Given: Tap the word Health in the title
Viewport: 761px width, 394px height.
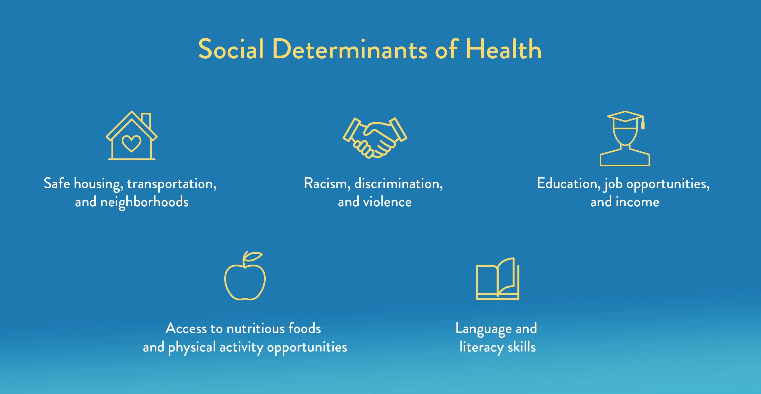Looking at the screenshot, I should click(x=504, y=49).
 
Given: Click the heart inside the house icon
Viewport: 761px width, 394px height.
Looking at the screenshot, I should click(x=131, y=143).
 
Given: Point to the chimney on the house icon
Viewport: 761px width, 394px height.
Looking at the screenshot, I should click(x=146, y=120).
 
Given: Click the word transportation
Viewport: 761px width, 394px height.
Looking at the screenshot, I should click(x=171, y=184).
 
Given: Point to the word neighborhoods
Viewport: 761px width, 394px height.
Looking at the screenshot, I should click(x=145, y=202).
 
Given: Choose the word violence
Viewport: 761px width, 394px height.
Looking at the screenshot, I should click(x=387, y=202).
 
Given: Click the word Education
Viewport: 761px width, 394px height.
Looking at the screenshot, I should click(x=568, y=184).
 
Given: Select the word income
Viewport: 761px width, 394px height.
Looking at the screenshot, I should click(x=637, y=202).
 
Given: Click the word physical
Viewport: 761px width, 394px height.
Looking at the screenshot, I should click(x=192, y=348).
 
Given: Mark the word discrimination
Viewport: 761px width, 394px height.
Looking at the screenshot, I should click(x=398, y=184).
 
